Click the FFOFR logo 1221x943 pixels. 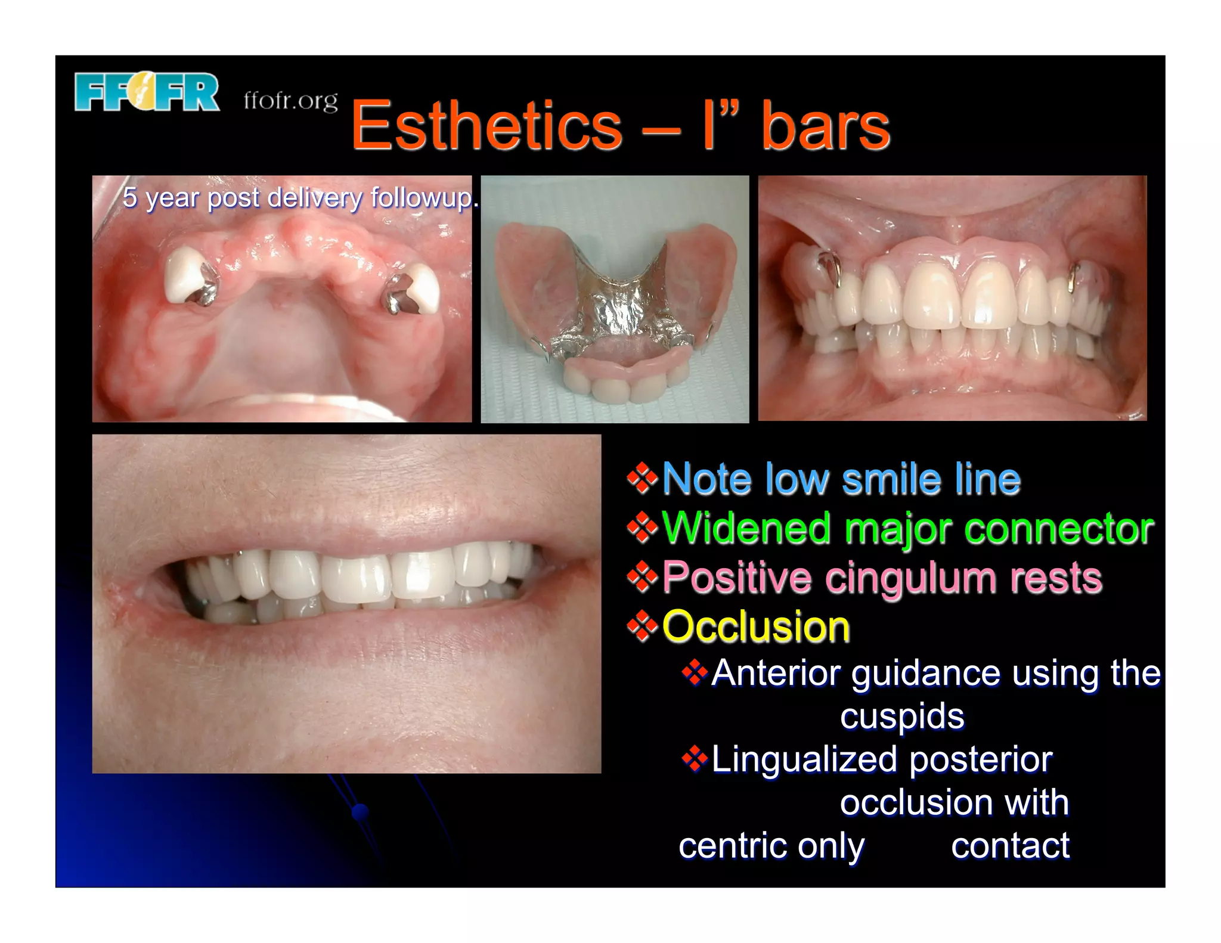(147, 92)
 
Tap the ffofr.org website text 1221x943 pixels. (290, 100)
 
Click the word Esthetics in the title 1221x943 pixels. (486, 126)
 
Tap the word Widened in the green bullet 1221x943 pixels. (746, 528)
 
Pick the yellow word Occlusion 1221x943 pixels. (756, 627)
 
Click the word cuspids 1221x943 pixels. (901, 716)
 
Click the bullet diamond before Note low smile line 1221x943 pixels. (642, 479)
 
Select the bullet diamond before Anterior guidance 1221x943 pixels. (695, 674)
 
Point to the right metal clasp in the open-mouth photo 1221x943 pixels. (1074, 277)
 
